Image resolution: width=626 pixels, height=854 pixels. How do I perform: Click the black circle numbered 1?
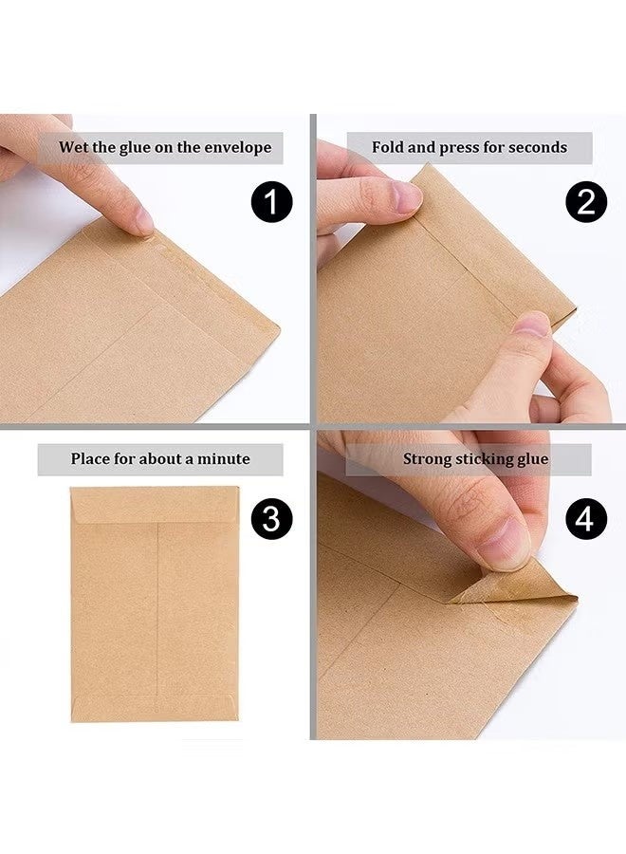coord(271,203)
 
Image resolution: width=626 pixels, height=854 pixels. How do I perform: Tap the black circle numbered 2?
coord(586,203)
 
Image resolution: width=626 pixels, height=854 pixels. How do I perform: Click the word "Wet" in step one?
coord(74,147)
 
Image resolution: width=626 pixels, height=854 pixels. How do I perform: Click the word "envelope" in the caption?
coord(236,147)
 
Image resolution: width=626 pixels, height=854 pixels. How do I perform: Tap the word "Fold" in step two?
coord(388,147)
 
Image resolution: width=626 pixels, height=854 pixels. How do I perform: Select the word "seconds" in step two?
coord(538,147)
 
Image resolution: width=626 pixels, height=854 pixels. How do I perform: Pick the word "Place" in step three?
coord(91,459)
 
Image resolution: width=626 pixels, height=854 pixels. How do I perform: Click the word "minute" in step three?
coord(227,459)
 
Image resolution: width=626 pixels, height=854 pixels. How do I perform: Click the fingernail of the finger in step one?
coord(143,220)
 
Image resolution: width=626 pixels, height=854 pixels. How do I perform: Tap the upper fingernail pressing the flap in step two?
coord(407,197)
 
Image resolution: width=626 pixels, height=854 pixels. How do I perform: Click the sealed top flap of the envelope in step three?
coord(155,504)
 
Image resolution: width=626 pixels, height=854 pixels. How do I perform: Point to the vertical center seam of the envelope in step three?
coord(156,607)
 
